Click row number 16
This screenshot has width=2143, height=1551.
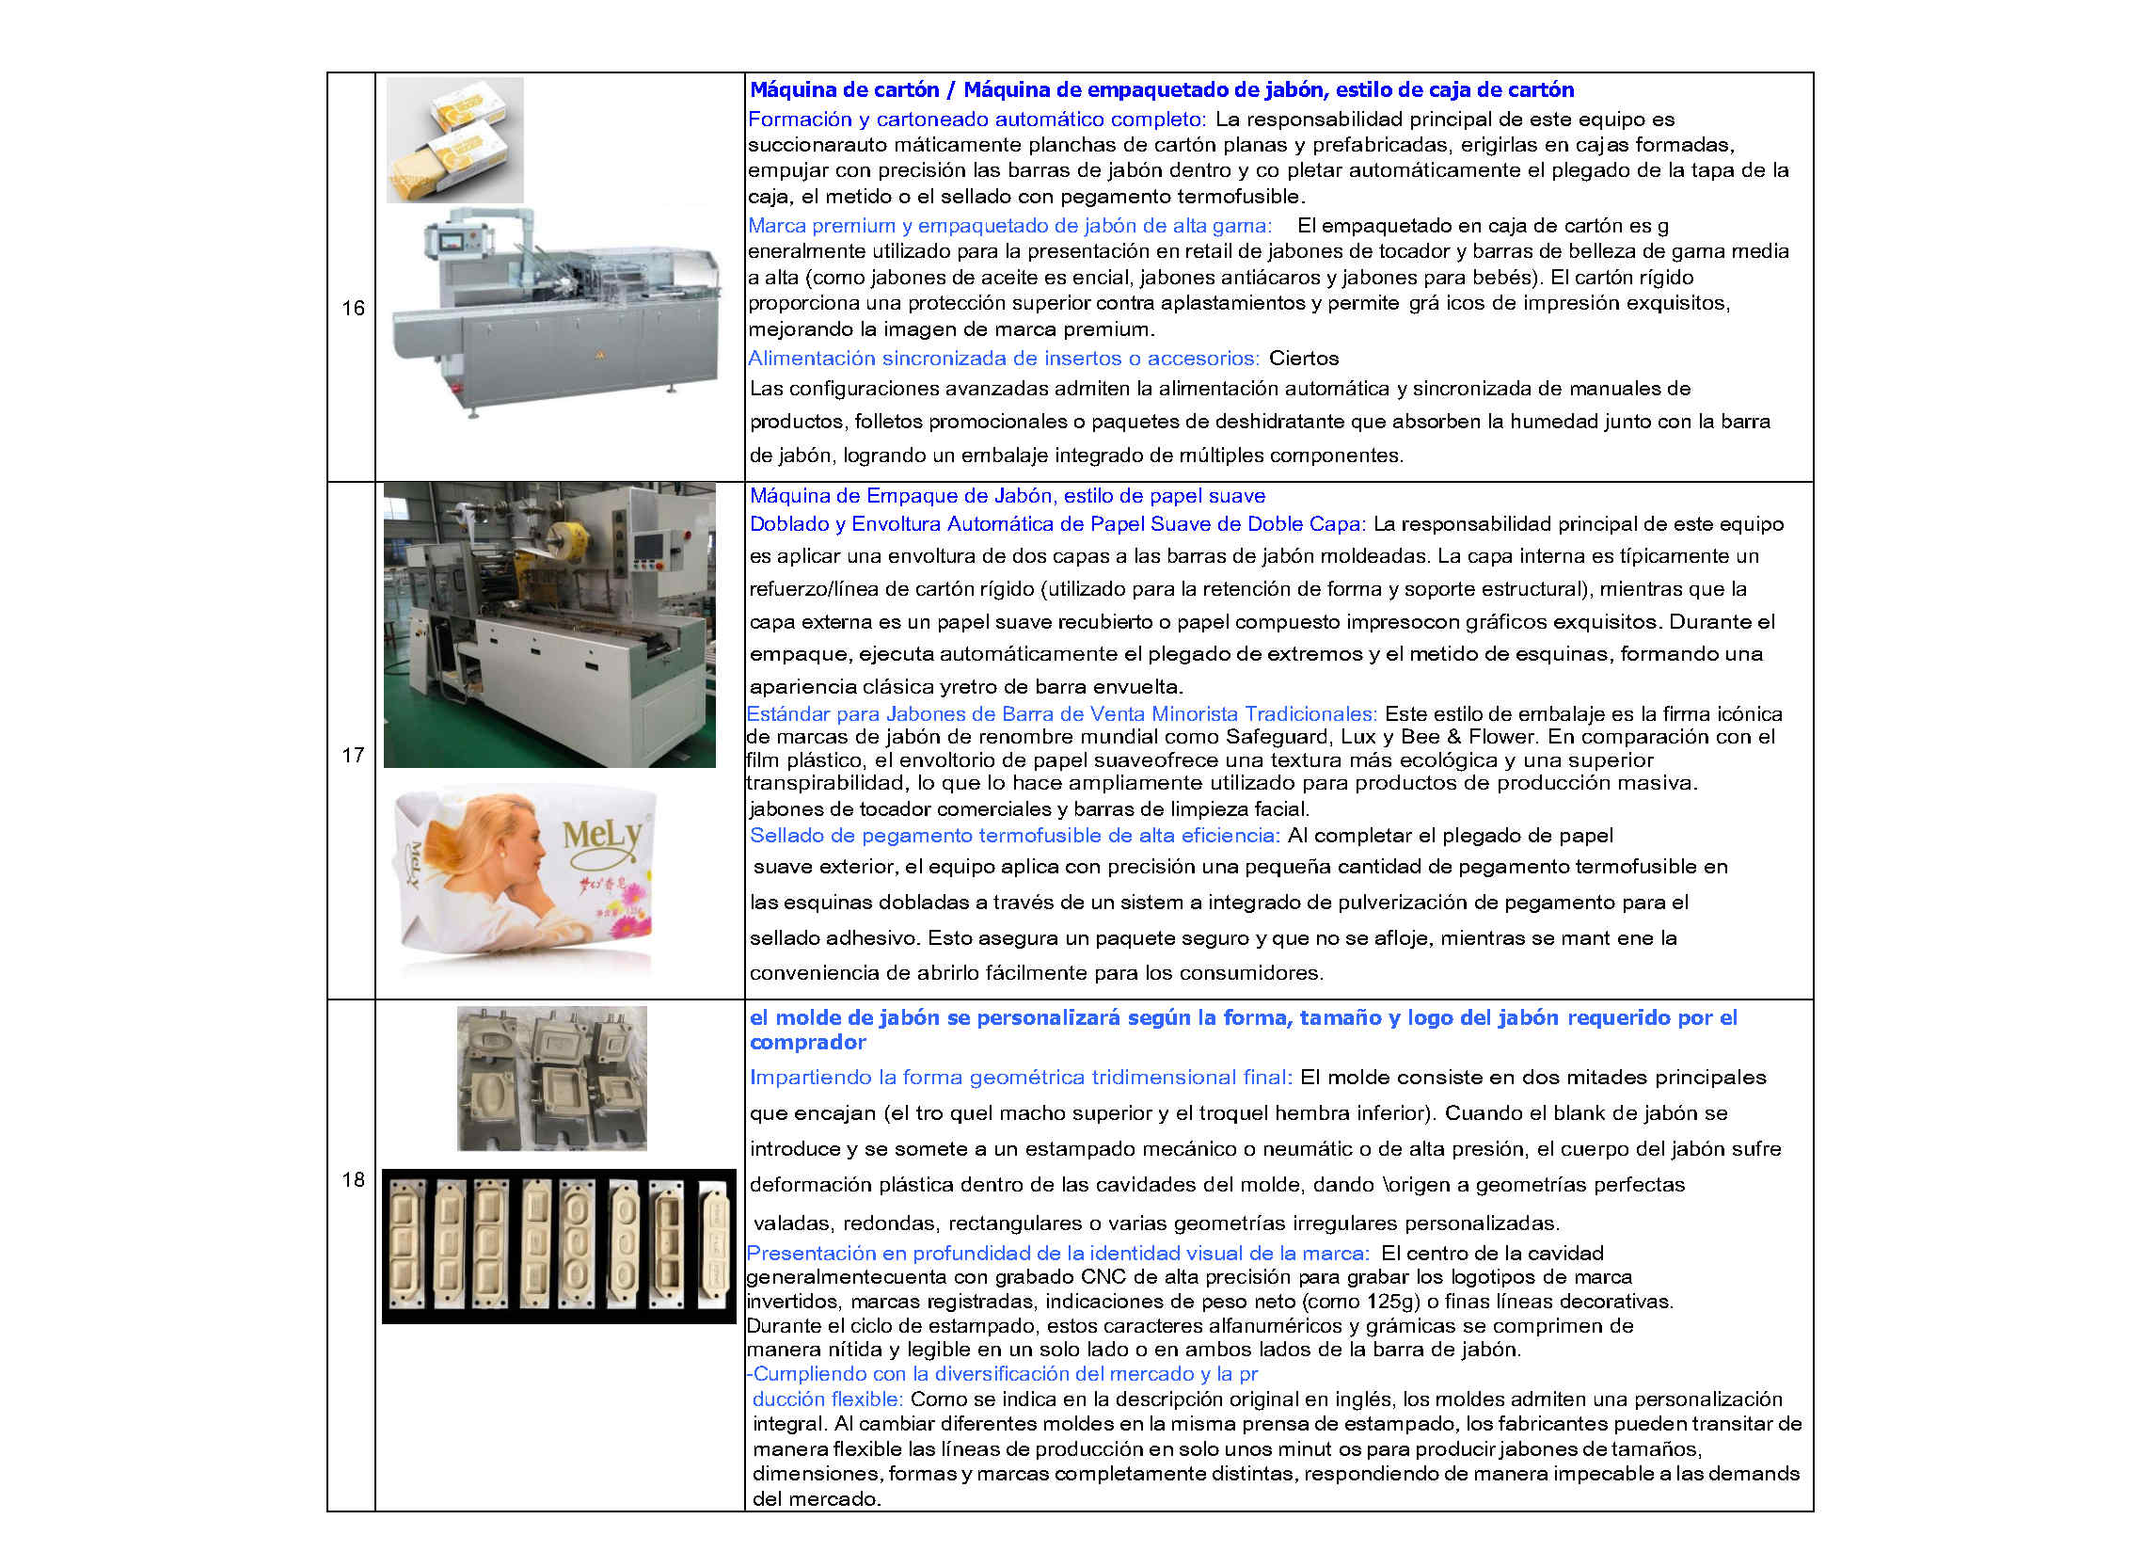tap(353, 308)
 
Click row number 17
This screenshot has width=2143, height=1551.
tap(353, 755)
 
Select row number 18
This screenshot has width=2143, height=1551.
tap(353, 1179)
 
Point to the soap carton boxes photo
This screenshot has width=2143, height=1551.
tap(454, 140)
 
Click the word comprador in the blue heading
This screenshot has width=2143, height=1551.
tap(808, 1043)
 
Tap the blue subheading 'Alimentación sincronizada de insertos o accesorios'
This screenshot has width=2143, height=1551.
tap(1004, 359)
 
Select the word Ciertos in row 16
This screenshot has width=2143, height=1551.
tap(1304, 359)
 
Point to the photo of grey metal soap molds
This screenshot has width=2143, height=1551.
tap(552, 1079)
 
